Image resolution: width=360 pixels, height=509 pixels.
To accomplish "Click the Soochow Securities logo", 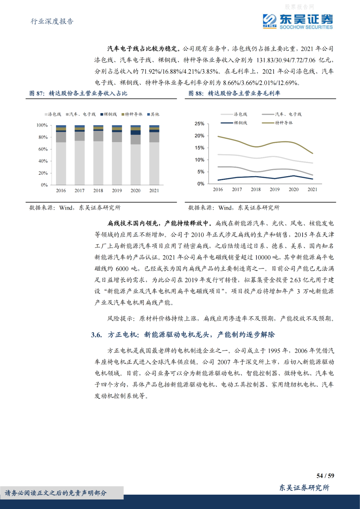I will pyautogui.click(x=297, y=21).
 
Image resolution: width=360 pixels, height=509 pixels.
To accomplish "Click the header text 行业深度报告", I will pyautogui.click(x=52, y=21).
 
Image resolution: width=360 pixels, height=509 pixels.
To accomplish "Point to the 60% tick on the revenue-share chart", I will pyautogui.click(x=43, y=149).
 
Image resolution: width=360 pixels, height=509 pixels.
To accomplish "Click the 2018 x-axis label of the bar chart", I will pyautogui.click(x=98, y=190).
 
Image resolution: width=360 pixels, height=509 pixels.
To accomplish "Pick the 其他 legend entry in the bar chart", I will pyautogui.click(x=154, y=114).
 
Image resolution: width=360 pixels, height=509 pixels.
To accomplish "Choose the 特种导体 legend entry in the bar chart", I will pyautogui.click(x=132, y=114).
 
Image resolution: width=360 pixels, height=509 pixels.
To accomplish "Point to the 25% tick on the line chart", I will pyautogui.click(x=199, y=124).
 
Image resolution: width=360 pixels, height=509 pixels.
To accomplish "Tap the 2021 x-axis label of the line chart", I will pyautogui.click(x=312, y=189).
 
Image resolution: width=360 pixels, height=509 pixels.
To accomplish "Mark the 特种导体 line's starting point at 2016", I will pyautogui.click(x=218, y=136).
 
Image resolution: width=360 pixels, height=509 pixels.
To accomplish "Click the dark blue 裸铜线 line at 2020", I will pyautogui.click(x=293, y=176).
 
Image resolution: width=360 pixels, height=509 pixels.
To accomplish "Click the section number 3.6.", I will pyautogui.click(x=96, y=335).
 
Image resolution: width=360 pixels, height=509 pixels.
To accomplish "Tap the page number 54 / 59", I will pyautogui.click(x=325, y=476).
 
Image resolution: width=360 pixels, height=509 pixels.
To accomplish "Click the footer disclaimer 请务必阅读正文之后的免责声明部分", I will pyautogui.click(x=56, y=493).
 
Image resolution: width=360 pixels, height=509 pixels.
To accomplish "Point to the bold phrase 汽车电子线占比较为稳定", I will pyautogui.click(x=143, y=49).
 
